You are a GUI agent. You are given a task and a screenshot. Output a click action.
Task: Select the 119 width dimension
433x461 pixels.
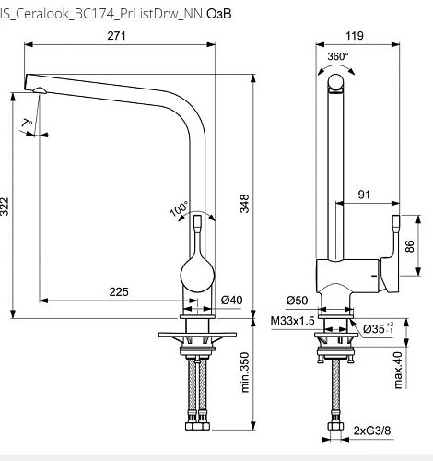pyautogui.click(x=354, y=36)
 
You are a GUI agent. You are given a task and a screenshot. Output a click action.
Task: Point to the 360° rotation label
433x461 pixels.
pyautogui.click(x=338, y=56)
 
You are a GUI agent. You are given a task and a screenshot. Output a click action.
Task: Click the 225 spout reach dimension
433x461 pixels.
pyautogui.click(x=119, y=291)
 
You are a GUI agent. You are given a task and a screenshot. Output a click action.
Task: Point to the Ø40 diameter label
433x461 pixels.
pyautogui.click(x=232, y=301)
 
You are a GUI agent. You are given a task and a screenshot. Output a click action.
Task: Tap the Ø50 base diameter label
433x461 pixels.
pyautogui.click(x=296, y=301)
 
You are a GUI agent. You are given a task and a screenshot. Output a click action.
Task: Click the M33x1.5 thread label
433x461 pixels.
pyautogui.click(x=293, y=321)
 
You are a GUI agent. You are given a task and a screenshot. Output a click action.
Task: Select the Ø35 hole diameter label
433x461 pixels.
pyautogui.click(x=376, y=327)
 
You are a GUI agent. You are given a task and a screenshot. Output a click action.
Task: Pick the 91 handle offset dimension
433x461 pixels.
pyautogui.click(x=365, y=195)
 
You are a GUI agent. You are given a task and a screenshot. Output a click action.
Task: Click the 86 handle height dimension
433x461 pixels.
pyautogui.click(x=409, y=247)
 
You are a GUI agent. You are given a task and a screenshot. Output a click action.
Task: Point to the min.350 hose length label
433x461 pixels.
pyautogui.click(x=246, y=373)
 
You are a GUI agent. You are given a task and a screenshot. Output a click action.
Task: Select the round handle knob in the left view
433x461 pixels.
pyautogui.click(x=198, y=274)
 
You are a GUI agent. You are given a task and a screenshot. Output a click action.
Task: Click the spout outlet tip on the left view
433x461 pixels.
pyautogui.click(x=38, y=89)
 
